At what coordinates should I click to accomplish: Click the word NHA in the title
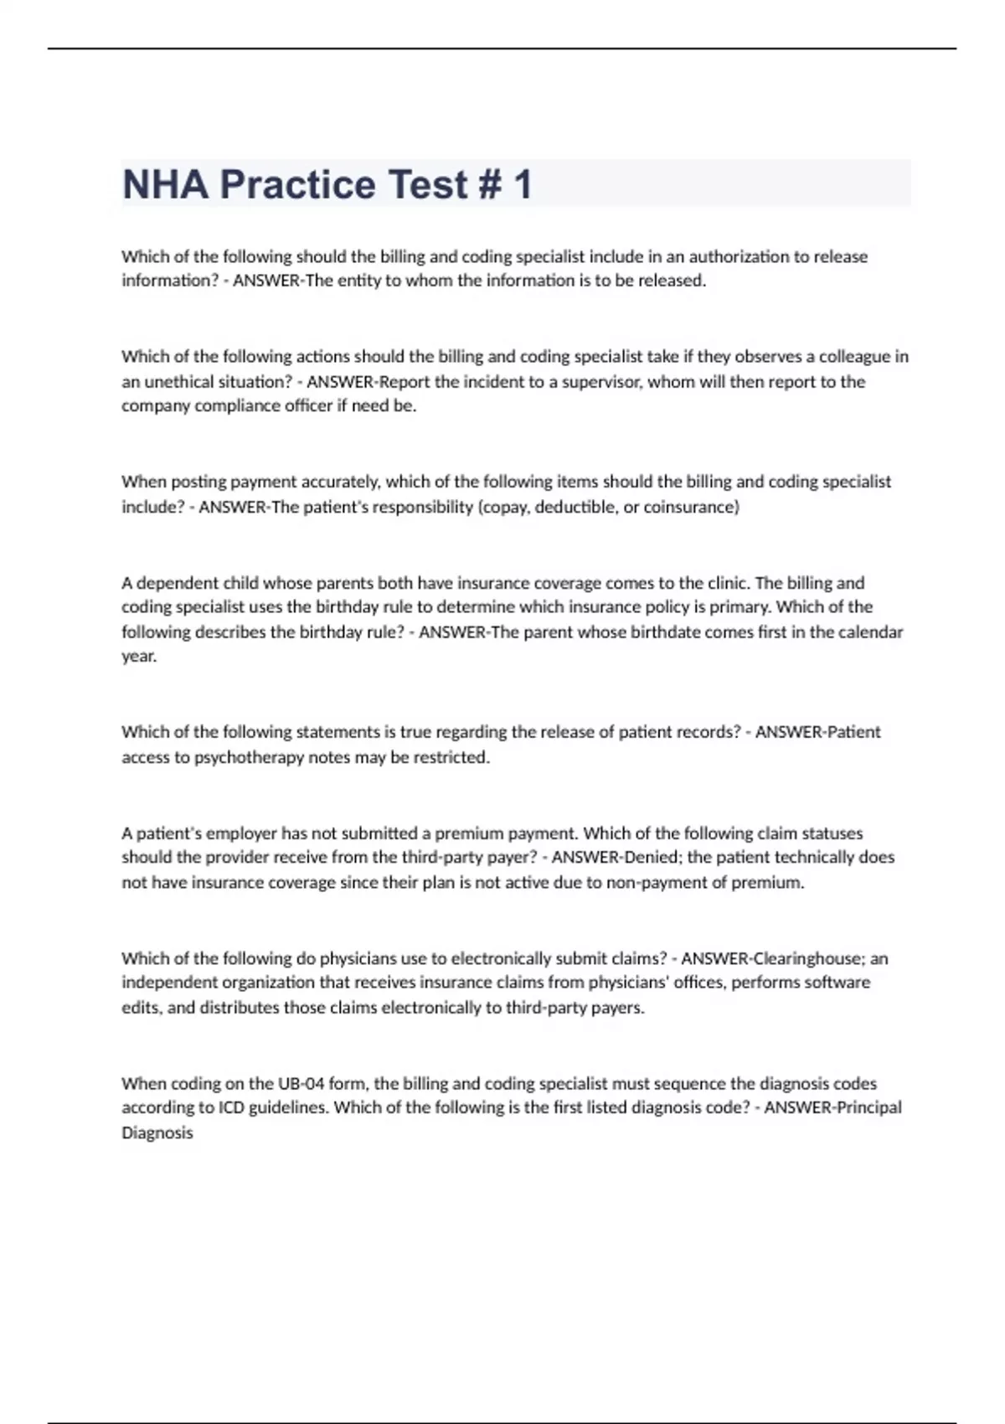coord(166,184)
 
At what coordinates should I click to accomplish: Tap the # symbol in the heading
coord(491,184)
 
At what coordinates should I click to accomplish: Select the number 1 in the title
coord(523,184)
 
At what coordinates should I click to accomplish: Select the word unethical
coord(184,381)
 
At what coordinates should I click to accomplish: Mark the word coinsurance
coord(691,507)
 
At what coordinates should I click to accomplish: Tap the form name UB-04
coord(301,1083)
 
